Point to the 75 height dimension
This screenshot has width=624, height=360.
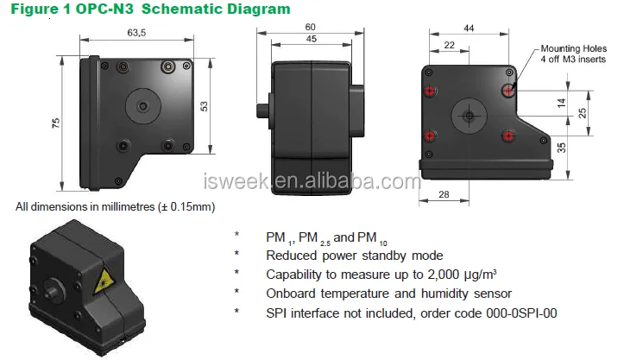(57, 123)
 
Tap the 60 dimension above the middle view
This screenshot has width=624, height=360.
(310, 27)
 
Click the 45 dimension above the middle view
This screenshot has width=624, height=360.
(308, 39)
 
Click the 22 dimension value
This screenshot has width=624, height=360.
(449, 45)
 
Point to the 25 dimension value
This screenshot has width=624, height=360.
(583, 113)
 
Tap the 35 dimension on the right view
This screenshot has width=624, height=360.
(562, 148)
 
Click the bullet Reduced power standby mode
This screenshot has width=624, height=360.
(354, 256)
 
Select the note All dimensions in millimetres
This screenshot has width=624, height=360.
(115, 207)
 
